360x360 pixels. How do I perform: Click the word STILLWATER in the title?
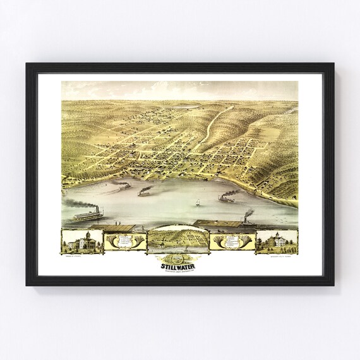coord(180,265)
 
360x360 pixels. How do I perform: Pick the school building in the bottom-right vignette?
coord(277,241)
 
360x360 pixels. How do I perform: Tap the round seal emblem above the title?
coord(180,258)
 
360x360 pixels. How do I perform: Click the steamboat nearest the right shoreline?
coord(225,198)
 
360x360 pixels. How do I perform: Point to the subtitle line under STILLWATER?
coord(180,270)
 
